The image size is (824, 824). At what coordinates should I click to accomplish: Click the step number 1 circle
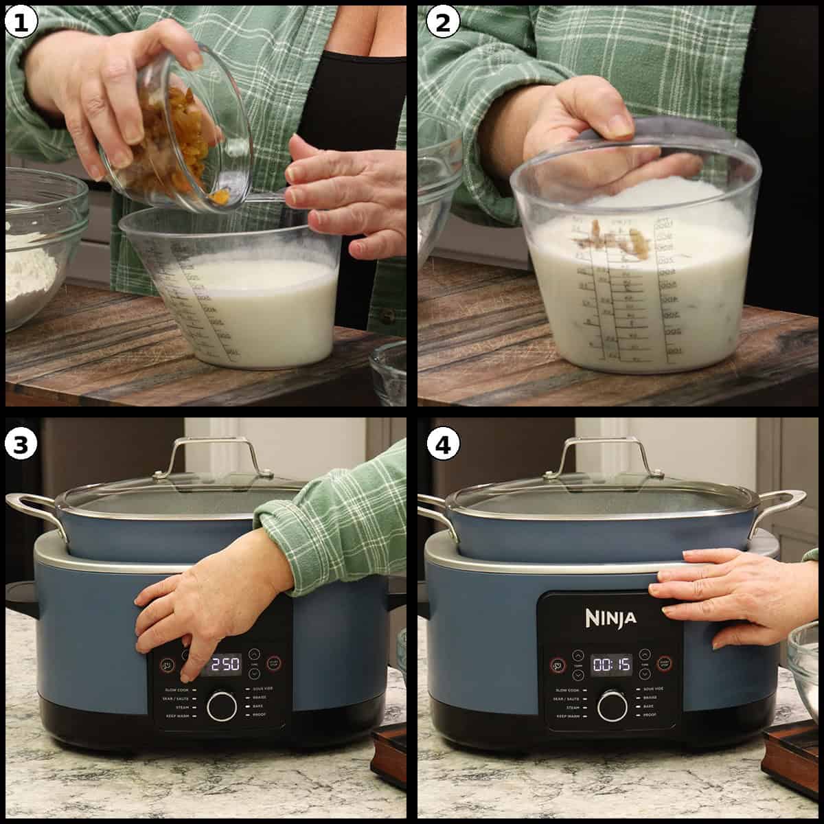(21, 23)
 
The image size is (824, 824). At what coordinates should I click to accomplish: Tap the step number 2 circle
(442, 23)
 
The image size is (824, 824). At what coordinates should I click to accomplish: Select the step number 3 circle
(21, 444)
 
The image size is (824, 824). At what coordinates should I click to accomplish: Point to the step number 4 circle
(442, 444)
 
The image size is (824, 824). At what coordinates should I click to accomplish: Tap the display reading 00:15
(611, 664)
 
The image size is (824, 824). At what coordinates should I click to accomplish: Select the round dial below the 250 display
(222, 706)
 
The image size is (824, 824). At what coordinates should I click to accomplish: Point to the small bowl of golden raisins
(172, 137)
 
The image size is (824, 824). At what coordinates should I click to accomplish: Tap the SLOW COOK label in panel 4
(567, 689)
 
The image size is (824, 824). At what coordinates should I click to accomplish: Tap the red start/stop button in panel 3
(274, 663)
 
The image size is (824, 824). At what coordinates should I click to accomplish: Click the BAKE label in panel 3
(259, 706)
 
